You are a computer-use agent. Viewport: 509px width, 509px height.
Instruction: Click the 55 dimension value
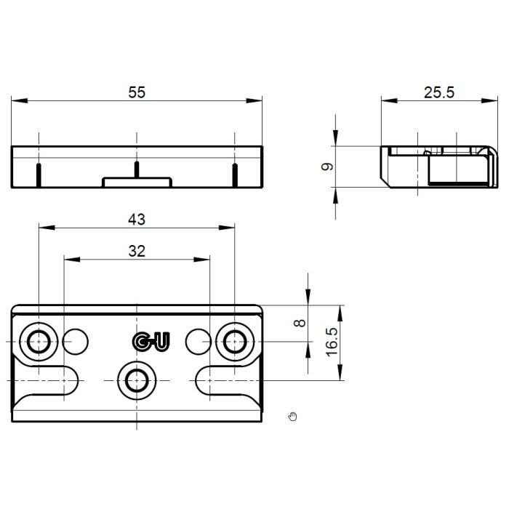pos(137,92)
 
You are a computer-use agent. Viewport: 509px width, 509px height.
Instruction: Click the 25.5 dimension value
pos(438,92)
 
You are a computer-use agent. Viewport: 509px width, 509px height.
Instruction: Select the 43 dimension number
pos(137,218)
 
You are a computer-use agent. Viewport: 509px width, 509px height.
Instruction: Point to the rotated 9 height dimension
pos(329,167)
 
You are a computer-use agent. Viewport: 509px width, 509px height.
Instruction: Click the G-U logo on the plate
pos(151,341)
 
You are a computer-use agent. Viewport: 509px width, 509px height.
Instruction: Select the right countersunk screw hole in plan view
pos(235,340)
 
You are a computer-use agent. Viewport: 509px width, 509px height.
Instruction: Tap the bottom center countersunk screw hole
pos(136,378)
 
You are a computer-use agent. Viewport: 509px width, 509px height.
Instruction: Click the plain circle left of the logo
pos(76,339)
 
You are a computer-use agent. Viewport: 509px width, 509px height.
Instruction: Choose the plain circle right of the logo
pos(196,339)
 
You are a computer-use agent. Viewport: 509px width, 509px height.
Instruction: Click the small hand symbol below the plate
pos(293,417)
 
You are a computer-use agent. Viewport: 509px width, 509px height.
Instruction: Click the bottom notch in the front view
pos(136,182)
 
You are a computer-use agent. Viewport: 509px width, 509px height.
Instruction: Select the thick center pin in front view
pos(136,169)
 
